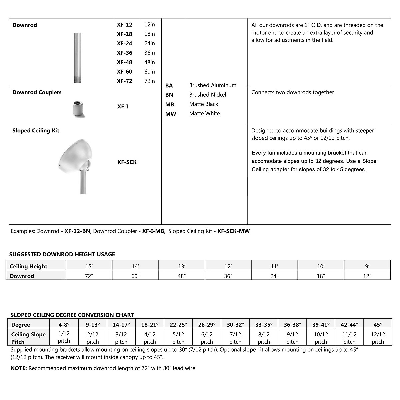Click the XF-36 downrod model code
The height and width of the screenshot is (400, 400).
[124, 53]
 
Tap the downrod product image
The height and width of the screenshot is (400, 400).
[77, 57]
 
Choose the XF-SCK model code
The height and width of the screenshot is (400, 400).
[127, 162]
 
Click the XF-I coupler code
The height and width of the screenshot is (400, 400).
[122, 107]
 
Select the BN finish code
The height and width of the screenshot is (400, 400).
[169, 95]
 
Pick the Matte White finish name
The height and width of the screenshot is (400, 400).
[204, 113]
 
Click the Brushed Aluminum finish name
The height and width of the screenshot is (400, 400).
[212, 85]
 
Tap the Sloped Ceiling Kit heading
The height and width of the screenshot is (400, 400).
[36, 131]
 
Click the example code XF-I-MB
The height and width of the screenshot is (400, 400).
[153, 231]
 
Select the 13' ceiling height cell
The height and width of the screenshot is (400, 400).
[182, 266]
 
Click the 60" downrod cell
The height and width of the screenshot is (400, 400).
[135, 276]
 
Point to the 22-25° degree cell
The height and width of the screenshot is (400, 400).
[178, 324]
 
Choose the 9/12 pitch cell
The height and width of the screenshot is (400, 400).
[292, 338]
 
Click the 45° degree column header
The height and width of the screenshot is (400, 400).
[378, 324]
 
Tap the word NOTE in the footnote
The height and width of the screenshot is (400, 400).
[19, 368]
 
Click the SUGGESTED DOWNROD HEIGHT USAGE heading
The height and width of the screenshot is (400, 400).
[62, 254]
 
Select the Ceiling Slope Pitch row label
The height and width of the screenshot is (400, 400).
[28, 338]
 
